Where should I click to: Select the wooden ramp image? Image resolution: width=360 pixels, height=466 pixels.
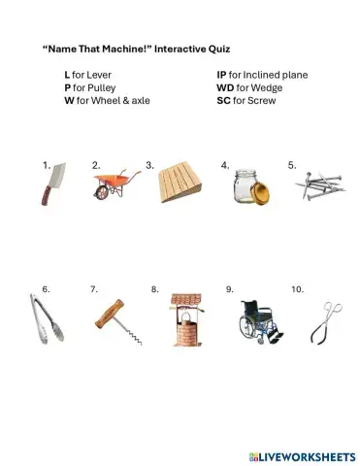click(180, 182)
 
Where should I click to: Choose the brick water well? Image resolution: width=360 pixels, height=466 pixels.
click(184, 319)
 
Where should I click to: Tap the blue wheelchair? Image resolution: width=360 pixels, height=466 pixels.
click(259, 321)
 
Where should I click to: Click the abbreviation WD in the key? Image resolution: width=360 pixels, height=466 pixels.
click(225, 86)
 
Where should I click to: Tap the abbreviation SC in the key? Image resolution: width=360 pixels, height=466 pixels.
click(223, 99)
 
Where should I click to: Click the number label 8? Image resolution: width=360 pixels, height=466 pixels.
click(154, 289)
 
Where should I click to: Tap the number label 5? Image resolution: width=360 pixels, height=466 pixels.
click(291, 166)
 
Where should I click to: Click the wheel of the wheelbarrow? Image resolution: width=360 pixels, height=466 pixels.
click(102, 192)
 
